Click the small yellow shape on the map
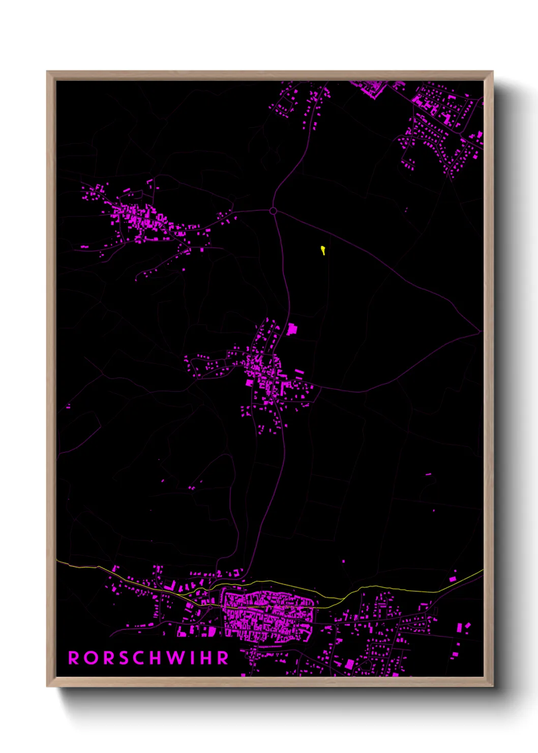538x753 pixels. coord(323,250)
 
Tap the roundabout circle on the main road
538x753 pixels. coord(273,211)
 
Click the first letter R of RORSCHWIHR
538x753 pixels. coord(74,658)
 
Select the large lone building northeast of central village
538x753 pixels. coord(291,329)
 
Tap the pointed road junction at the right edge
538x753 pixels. coord(480,332)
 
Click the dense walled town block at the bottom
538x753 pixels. coord(268,616)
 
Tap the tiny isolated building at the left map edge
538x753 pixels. coord(68,407)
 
